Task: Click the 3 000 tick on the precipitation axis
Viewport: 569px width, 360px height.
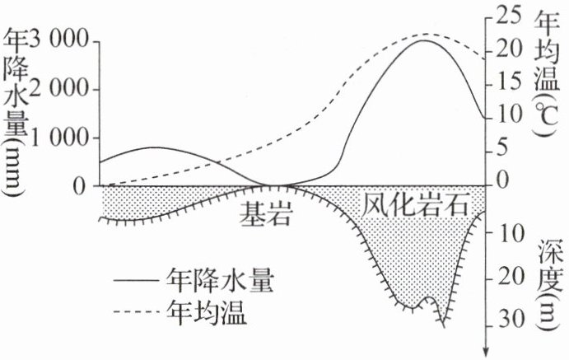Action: coord(58,40)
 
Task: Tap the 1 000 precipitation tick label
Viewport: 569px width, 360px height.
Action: coord(58,138)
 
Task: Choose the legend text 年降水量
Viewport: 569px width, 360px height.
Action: coord(219,280)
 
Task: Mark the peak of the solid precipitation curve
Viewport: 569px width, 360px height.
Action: coord(422,40)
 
